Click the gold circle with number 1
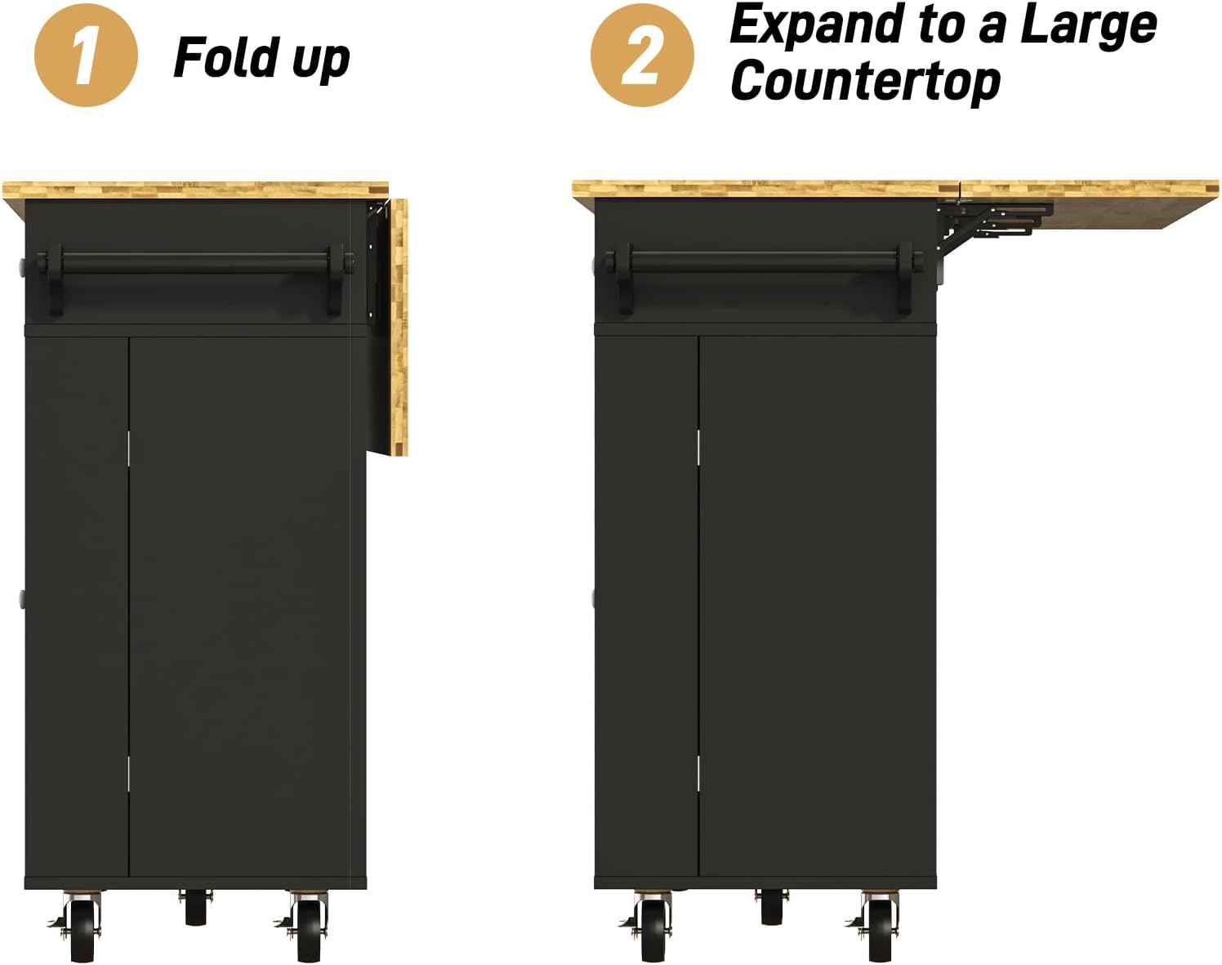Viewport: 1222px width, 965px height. [x=86, y=56]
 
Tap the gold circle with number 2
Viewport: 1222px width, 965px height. [x=642, y=56]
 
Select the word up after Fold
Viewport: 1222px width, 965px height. [x=320, y=60]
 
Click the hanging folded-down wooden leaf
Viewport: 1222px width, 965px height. [x=398, y=327]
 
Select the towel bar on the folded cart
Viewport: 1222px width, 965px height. [x=196, y=263]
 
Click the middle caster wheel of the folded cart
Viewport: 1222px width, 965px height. [x=195, y=907]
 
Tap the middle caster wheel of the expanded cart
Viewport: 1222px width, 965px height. [x=771, y=907]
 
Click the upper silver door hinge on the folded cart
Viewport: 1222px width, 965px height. [x=129, y=448]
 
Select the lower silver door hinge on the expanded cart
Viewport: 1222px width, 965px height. [x=698, y=773]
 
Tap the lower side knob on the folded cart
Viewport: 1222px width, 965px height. [x=20, y=599]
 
